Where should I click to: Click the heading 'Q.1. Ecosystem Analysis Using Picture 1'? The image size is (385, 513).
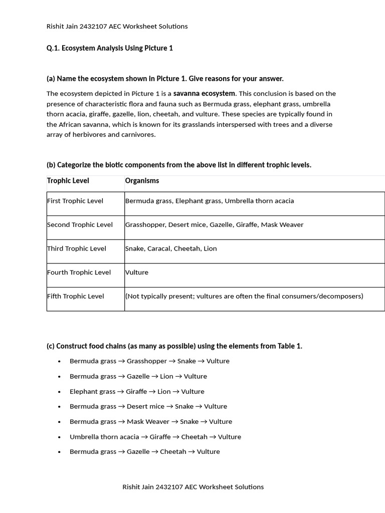tap(109, 48)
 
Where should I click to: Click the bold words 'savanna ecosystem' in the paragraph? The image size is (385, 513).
tap(204, 93)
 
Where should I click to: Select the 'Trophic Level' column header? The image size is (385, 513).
tap(68, 180)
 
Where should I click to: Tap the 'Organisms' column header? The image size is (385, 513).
tap(142, 180)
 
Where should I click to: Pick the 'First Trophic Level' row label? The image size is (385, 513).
tap(75, 201)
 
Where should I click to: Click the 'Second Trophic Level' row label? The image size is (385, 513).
tap(80, 225)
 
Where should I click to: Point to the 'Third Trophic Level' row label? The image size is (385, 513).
tap(77, 248)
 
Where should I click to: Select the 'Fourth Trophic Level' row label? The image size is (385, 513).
tap(79, 273)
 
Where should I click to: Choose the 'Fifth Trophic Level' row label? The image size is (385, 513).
tap(76, 296)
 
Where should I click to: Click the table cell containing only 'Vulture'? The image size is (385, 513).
tap(137, 273)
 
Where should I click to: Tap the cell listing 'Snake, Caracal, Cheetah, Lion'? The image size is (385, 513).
tap(171, 248)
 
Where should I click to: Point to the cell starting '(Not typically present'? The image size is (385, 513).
tap(244, 296)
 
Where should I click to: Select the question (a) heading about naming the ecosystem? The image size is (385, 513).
tap(165, 79)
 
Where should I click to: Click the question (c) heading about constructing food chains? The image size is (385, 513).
tap(174, 346)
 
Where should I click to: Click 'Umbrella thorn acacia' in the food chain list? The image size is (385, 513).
tap(104, 437)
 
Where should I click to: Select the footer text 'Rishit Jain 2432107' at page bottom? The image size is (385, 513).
tap(152, 487)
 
